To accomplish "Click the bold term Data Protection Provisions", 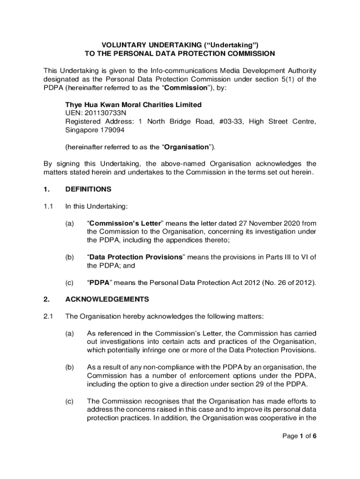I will [136, 257].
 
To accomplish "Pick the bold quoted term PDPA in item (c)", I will [99, 282].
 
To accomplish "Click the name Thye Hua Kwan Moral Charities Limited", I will [133, 105].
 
